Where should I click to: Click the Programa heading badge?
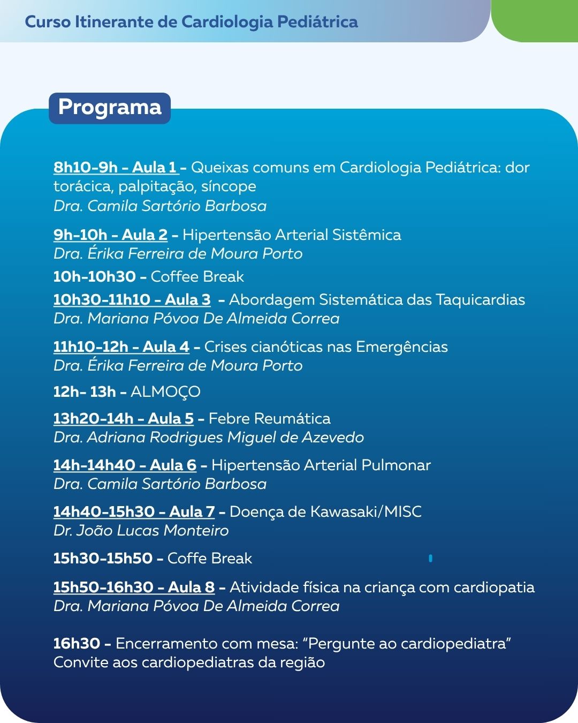click(110, 108)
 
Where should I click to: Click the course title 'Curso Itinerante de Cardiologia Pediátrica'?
click(192, 22)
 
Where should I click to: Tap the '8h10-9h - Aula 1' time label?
click(116, 168)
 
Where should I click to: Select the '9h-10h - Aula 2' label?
click(110, 235)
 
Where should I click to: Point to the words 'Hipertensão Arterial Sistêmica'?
click(292, 235)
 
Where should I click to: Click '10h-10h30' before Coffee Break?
click(95, 276)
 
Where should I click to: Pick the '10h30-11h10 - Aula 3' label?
click(132, 299)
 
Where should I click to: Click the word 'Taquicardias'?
click(480, 299)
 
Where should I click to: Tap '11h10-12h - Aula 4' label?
click(121, 347)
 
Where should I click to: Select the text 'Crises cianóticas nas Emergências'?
click(326, 347)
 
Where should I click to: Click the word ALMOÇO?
click(165, 392)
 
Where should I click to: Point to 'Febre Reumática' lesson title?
click(269, 418)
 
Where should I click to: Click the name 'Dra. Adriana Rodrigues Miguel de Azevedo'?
click(209, 438)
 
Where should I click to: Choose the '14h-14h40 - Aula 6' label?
click(125, 465)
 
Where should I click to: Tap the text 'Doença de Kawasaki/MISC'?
click(325, 511)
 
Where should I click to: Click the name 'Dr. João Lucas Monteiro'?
click(141, 531)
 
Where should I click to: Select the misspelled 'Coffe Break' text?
click(209, 558)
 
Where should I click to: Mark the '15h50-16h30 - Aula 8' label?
click(134, 587)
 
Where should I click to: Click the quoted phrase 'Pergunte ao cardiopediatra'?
click(409, 643)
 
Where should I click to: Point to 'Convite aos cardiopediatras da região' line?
click(189, 662)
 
